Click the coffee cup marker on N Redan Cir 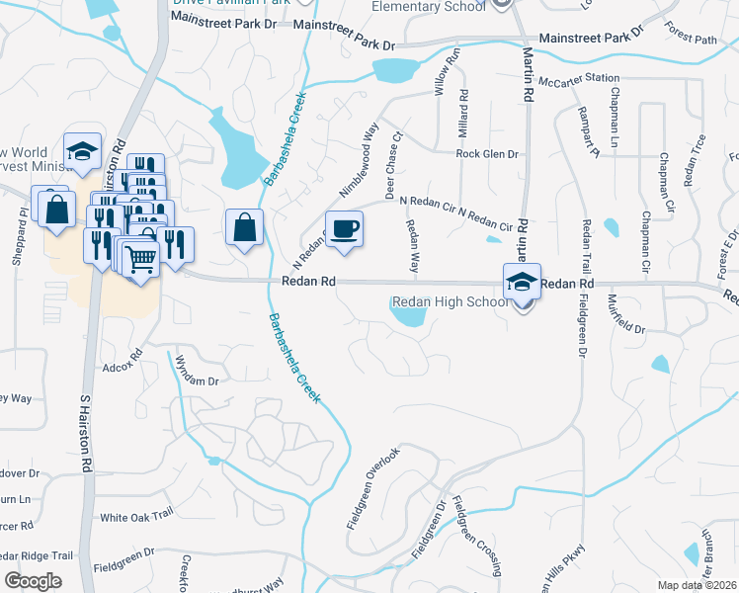coord(344,229)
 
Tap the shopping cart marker coord(140,260)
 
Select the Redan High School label coord(451,302)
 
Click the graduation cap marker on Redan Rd coord(522,282)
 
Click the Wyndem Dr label coord(196,381)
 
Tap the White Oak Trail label coord(136,517)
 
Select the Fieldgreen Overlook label coord(373,490)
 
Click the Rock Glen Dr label coord(487,154)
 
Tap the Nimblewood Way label coord(359,150)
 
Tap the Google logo coord(33,581)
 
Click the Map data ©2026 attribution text coord(696,585)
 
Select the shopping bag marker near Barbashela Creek coord(244,228)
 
